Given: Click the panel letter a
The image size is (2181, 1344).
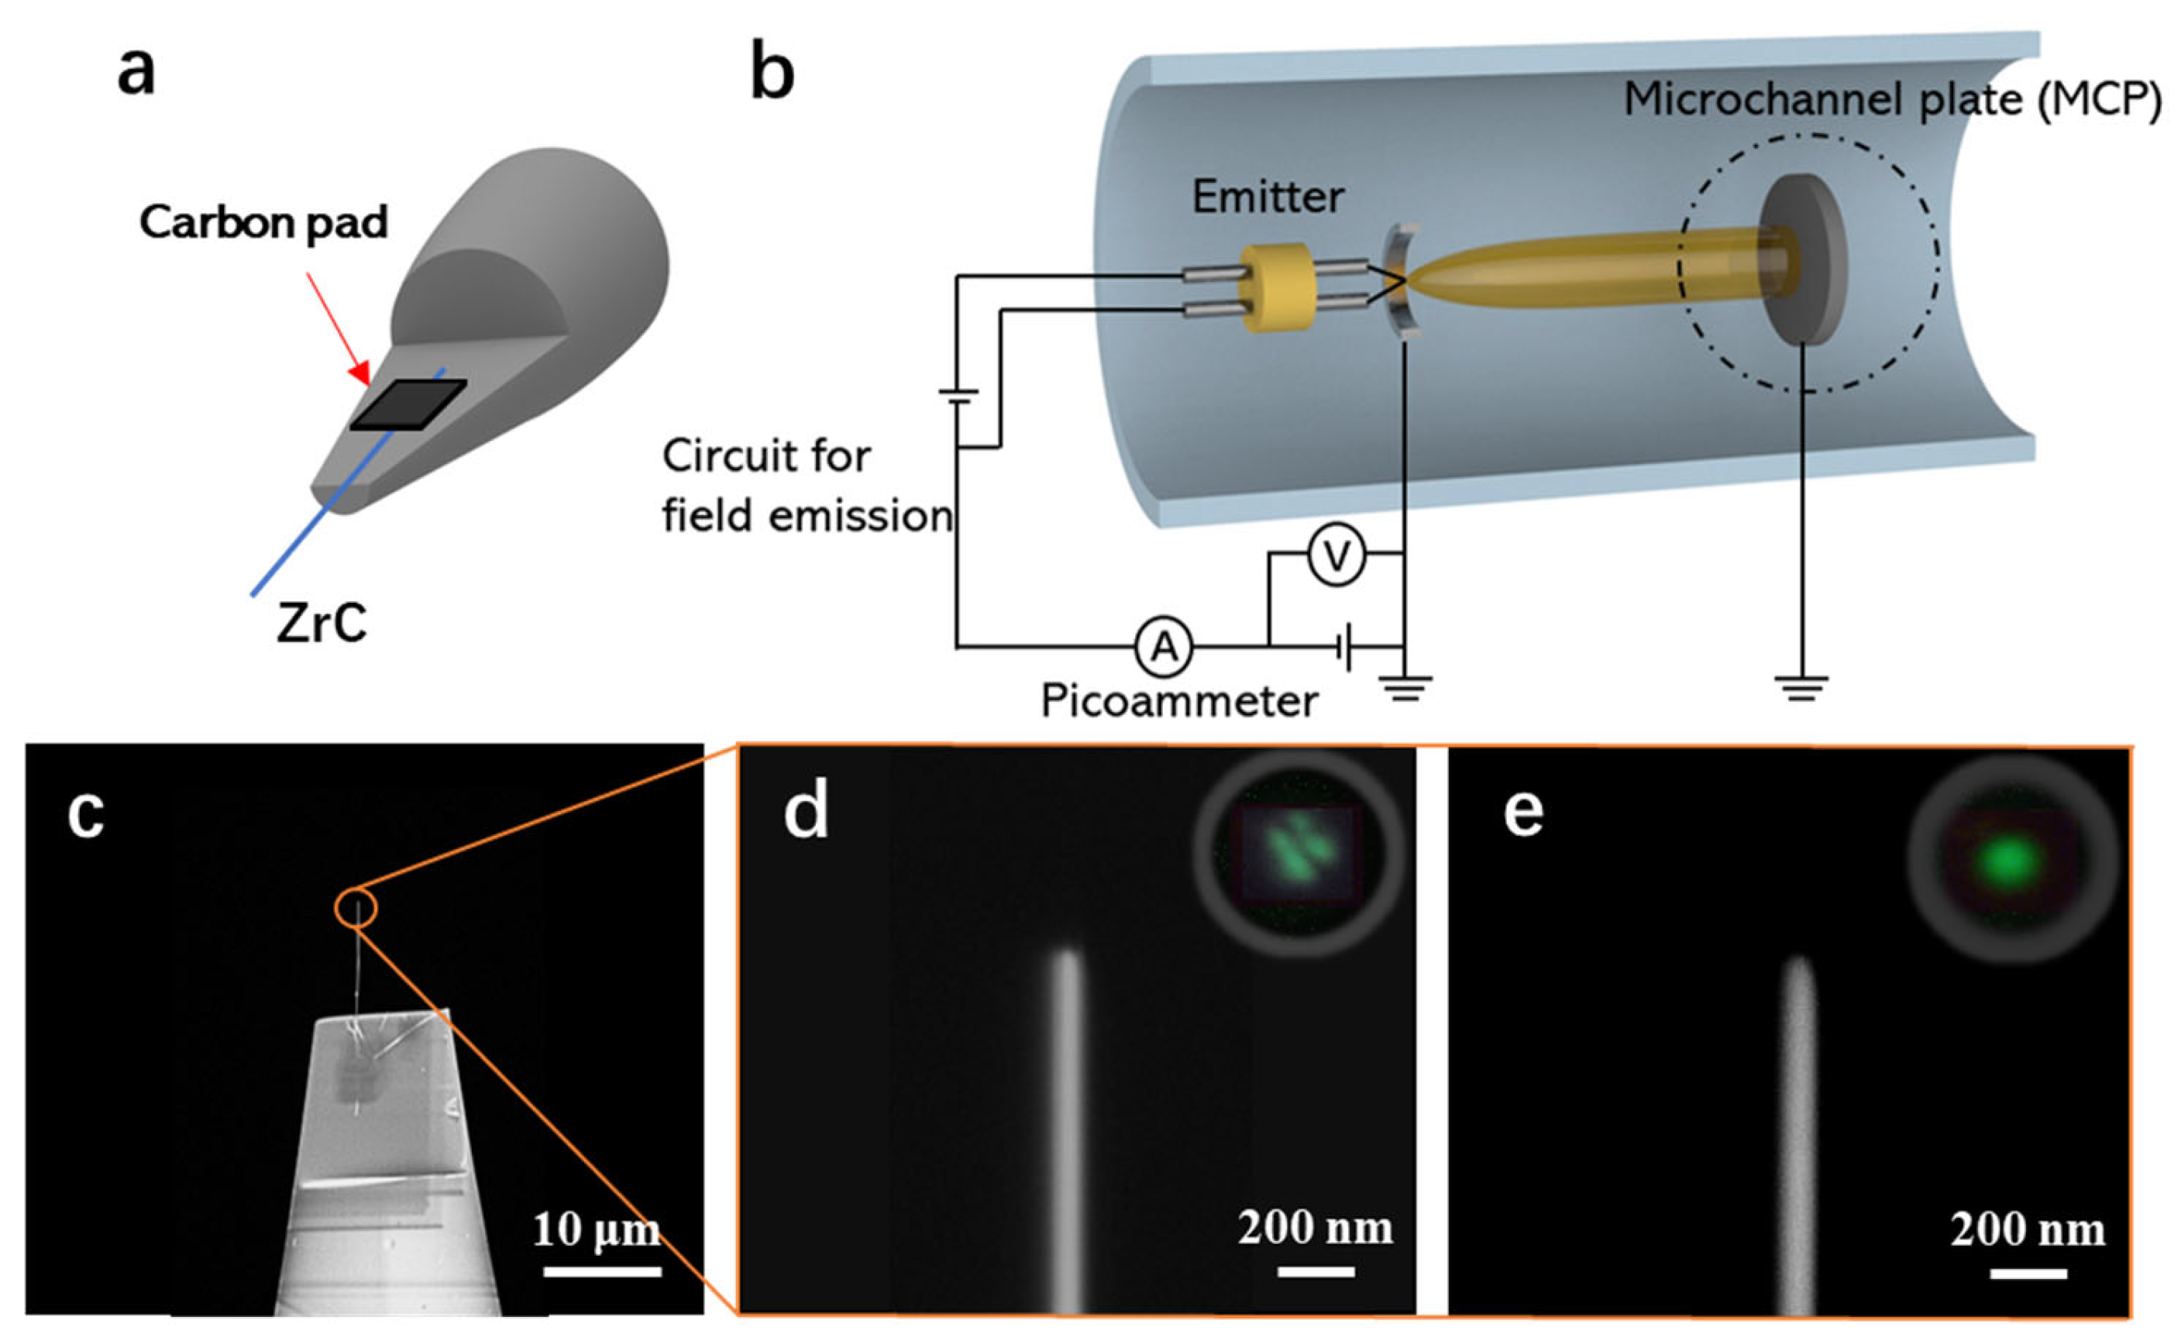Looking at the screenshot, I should click(x=136, y=71).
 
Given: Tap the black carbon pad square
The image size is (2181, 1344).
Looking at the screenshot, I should click(x=408, y=404).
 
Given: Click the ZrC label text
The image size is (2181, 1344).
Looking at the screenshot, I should click(x=321, y=622).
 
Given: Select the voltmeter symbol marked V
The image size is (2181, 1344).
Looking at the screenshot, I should click(x=1336, y=555).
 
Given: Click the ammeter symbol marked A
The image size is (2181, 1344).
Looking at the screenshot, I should click(x=1163, y=647).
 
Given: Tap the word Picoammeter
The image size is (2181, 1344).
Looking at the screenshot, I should click(x=1179, y=701).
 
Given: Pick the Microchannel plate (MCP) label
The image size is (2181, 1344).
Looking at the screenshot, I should click(x=1892, y=100).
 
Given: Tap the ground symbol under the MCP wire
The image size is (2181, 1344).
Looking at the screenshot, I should click(x=1801, y=687).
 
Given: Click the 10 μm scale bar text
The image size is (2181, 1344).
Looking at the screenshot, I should click(x=596, y=1230).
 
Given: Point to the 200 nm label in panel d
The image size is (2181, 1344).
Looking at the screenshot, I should click(x=1315, y=1229).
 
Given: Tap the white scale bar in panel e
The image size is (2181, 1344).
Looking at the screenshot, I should click(x=2028, y=1274).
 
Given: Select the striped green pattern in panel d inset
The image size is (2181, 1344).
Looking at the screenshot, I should click(x=1298, y=854).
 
